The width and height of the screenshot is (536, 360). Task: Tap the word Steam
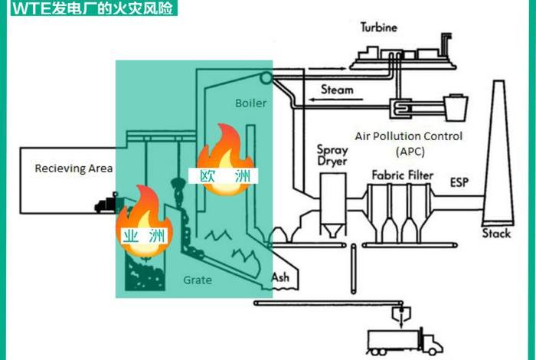click(337, 90)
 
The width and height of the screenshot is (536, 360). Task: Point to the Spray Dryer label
click(332, 155)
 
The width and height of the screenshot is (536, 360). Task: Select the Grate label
click(197, 280)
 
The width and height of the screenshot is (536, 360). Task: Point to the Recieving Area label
click(74, 169)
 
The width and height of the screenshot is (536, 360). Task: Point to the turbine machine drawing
click(391, 54)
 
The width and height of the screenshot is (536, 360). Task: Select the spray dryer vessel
click(332, 199)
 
